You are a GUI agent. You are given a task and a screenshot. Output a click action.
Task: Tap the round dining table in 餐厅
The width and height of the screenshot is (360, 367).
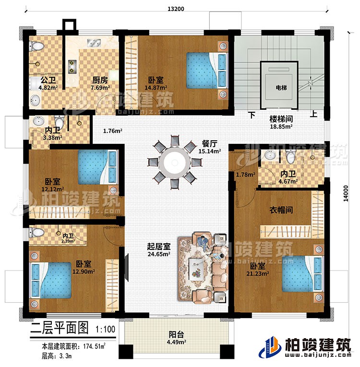(172, 162)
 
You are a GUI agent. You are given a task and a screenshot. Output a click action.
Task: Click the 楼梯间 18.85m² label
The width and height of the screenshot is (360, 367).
(280, 120)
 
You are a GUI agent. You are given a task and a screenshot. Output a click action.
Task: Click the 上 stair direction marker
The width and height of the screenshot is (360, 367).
(313, 115)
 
